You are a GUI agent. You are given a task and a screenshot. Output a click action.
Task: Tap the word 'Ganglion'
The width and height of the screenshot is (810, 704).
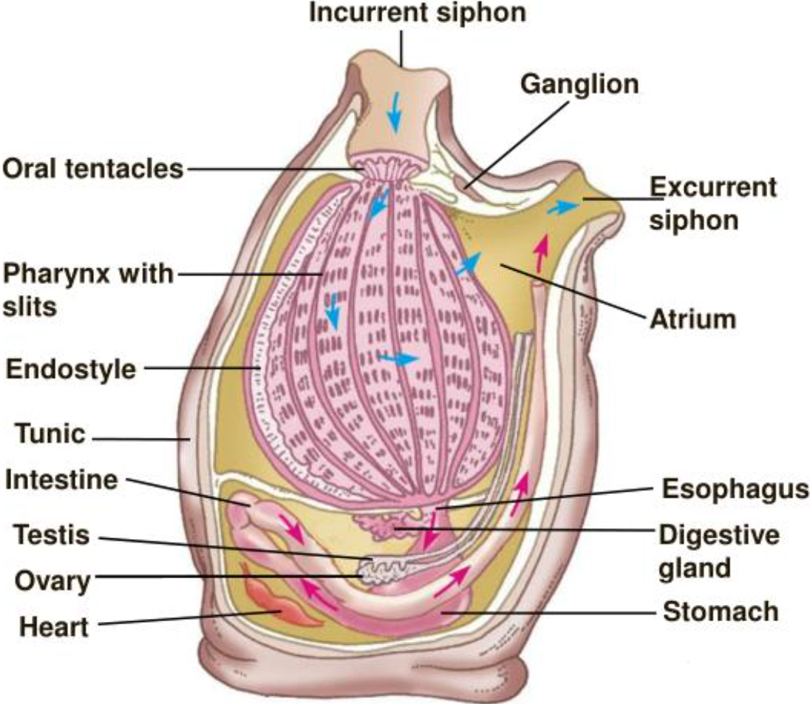pos(579,84)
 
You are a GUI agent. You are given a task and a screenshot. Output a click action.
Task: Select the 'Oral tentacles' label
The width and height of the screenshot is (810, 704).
pos(92,169)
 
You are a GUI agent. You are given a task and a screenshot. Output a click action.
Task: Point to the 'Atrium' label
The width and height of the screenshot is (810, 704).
pos(692,319)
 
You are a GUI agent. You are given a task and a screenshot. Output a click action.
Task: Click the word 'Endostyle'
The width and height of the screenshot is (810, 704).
pos(71,369)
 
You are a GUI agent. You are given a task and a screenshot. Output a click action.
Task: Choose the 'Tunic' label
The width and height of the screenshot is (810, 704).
pos(46,435)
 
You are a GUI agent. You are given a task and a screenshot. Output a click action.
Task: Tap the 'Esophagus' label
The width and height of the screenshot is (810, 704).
pos(734,490)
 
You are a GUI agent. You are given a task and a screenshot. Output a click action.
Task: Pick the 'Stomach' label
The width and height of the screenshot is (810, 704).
pos(721,612)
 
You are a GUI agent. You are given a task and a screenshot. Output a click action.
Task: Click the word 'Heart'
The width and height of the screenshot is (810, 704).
pos(53,628)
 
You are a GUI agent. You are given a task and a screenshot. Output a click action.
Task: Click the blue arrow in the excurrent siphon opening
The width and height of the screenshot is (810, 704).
pos(563,208)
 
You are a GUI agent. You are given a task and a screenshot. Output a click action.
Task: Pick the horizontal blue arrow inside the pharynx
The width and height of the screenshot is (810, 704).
pos(399,358)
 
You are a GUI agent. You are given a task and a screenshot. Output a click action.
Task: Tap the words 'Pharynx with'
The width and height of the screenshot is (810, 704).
pos(88,274)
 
